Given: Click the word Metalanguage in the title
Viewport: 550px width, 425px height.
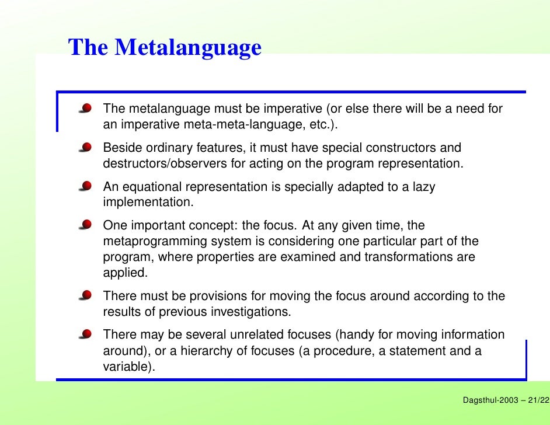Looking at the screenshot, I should (188, 48).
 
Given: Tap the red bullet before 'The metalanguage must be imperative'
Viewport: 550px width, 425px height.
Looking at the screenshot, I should (86, 108).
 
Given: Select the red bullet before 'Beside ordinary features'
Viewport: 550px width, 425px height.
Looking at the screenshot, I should (86, 147).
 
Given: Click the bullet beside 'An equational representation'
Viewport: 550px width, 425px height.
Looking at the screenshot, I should (86, 186).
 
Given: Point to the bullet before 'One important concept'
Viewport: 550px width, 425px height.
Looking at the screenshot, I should (86, 225).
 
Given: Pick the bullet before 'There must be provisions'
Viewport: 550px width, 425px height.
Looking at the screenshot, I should (86, 295).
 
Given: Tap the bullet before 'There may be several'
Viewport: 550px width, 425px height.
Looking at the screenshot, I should (86, 334).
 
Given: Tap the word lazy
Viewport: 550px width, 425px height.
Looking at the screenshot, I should (422, 187).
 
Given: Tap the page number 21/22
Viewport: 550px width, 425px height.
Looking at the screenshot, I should (538, 400).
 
